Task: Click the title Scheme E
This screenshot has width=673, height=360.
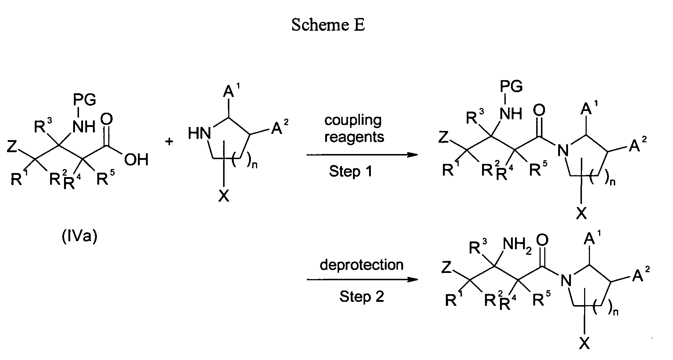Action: pyautogui.click(x=328, y=25)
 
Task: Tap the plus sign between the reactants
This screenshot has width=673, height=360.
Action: pyautogui.click(x=169, y=142)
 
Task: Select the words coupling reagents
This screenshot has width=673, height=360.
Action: pyautogui.click(x=354, y=128)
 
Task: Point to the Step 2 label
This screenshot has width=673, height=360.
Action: pyautogui.click(x=361, y=296)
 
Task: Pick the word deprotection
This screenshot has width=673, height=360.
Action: pyautogui.click(x=361, y=265)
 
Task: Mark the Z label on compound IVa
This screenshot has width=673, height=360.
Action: pyautogui.click(x=12, y=147)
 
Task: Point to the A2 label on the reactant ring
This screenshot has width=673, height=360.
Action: pyautogui.click(x=279, y=128)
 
